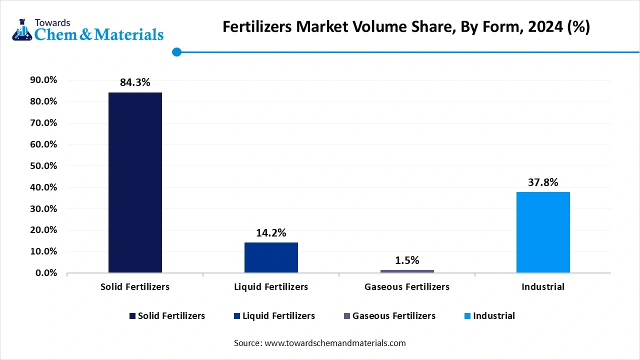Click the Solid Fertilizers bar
click(135, 182)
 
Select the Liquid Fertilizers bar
click(271, 257)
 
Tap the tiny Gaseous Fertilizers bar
click(407, 271)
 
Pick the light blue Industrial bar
click(543, 232)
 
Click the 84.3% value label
click(135, 83)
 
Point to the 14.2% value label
click(271, 233)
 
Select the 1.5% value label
click(407, 260)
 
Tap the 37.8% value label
click(543, 182)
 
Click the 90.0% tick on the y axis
click(44, 80)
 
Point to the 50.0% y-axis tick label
click(44, 166)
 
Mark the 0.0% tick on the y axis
click(46, 273)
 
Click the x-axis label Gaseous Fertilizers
click(407, 287)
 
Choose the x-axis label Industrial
click(543, 287)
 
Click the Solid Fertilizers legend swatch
click(132, 316)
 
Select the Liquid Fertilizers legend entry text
click(278, 316)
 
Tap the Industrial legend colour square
click(467, 316)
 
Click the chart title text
click(406, 27)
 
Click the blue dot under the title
click(176, 52)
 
